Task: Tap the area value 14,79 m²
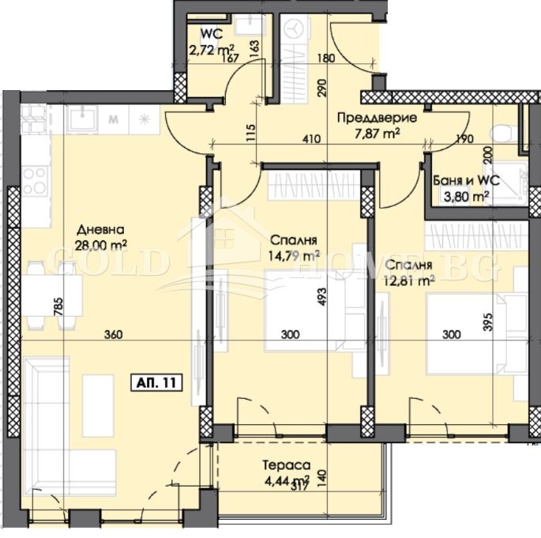tap(293, 254)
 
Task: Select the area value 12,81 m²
tap(410, 280)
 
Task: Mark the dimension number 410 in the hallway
tap(310, 140)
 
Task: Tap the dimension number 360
tap(113, 335)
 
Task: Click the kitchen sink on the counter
tap(82, 120)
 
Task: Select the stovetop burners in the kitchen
tap(33, 180)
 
